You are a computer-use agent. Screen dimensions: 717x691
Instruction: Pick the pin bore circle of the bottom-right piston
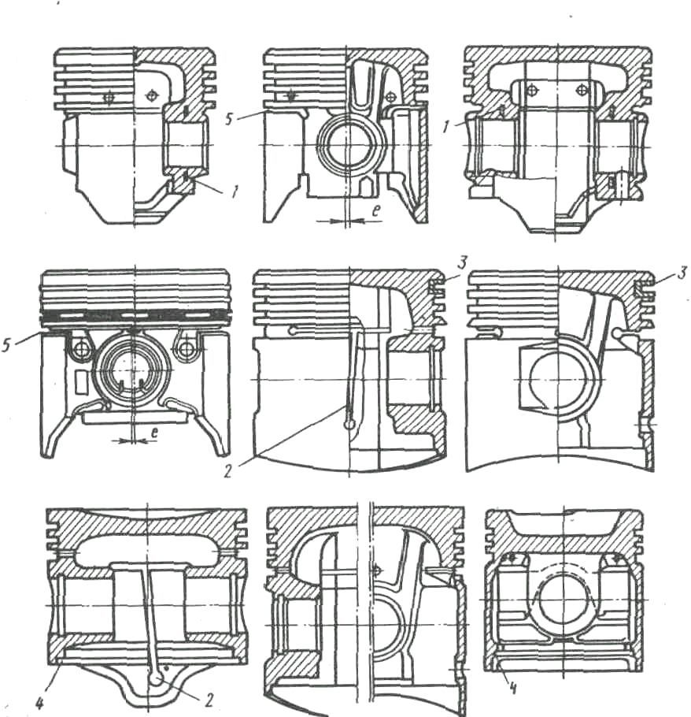[x=564, y=592]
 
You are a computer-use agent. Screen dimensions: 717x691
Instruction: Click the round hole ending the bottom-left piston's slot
[x=157, y=677]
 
